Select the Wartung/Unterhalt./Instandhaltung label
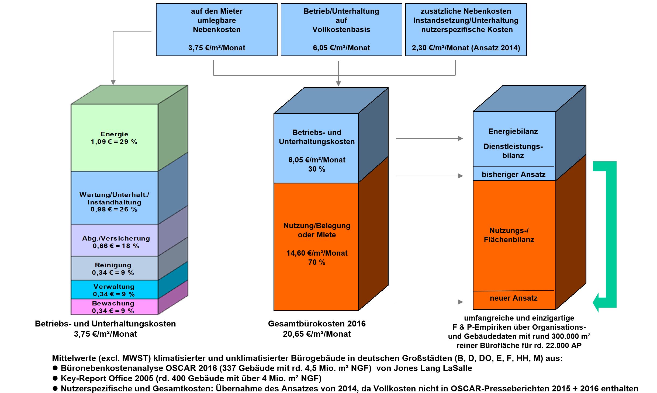pos(114,202)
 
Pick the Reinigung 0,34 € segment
pos(113,269)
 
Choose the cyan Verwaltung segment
pos(114,290)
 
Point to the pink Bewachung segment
pos(113,307)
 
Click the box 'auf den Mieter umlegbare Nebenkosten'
pos(217,29)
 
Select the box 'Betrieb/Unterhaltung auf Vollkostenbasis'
pos(341,29)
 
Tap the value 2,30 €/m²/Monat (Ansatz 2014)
pos(466,48)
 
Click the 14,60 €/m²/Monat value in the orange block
pos(317,253)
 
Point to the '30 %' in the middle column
pos(317,169)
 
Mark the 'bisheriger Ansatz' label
pos(513,175)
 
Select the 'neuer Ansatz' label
pos(513,298)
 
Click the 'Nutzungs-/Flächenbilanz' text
pos(509,235)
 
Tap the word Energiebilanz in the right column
pos(513,131)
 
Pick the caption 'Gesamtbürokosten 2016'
pos(317,324)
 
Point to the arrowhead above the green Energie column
pos(113,82)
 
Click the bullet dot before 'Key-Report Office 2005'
pos(55,378)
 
